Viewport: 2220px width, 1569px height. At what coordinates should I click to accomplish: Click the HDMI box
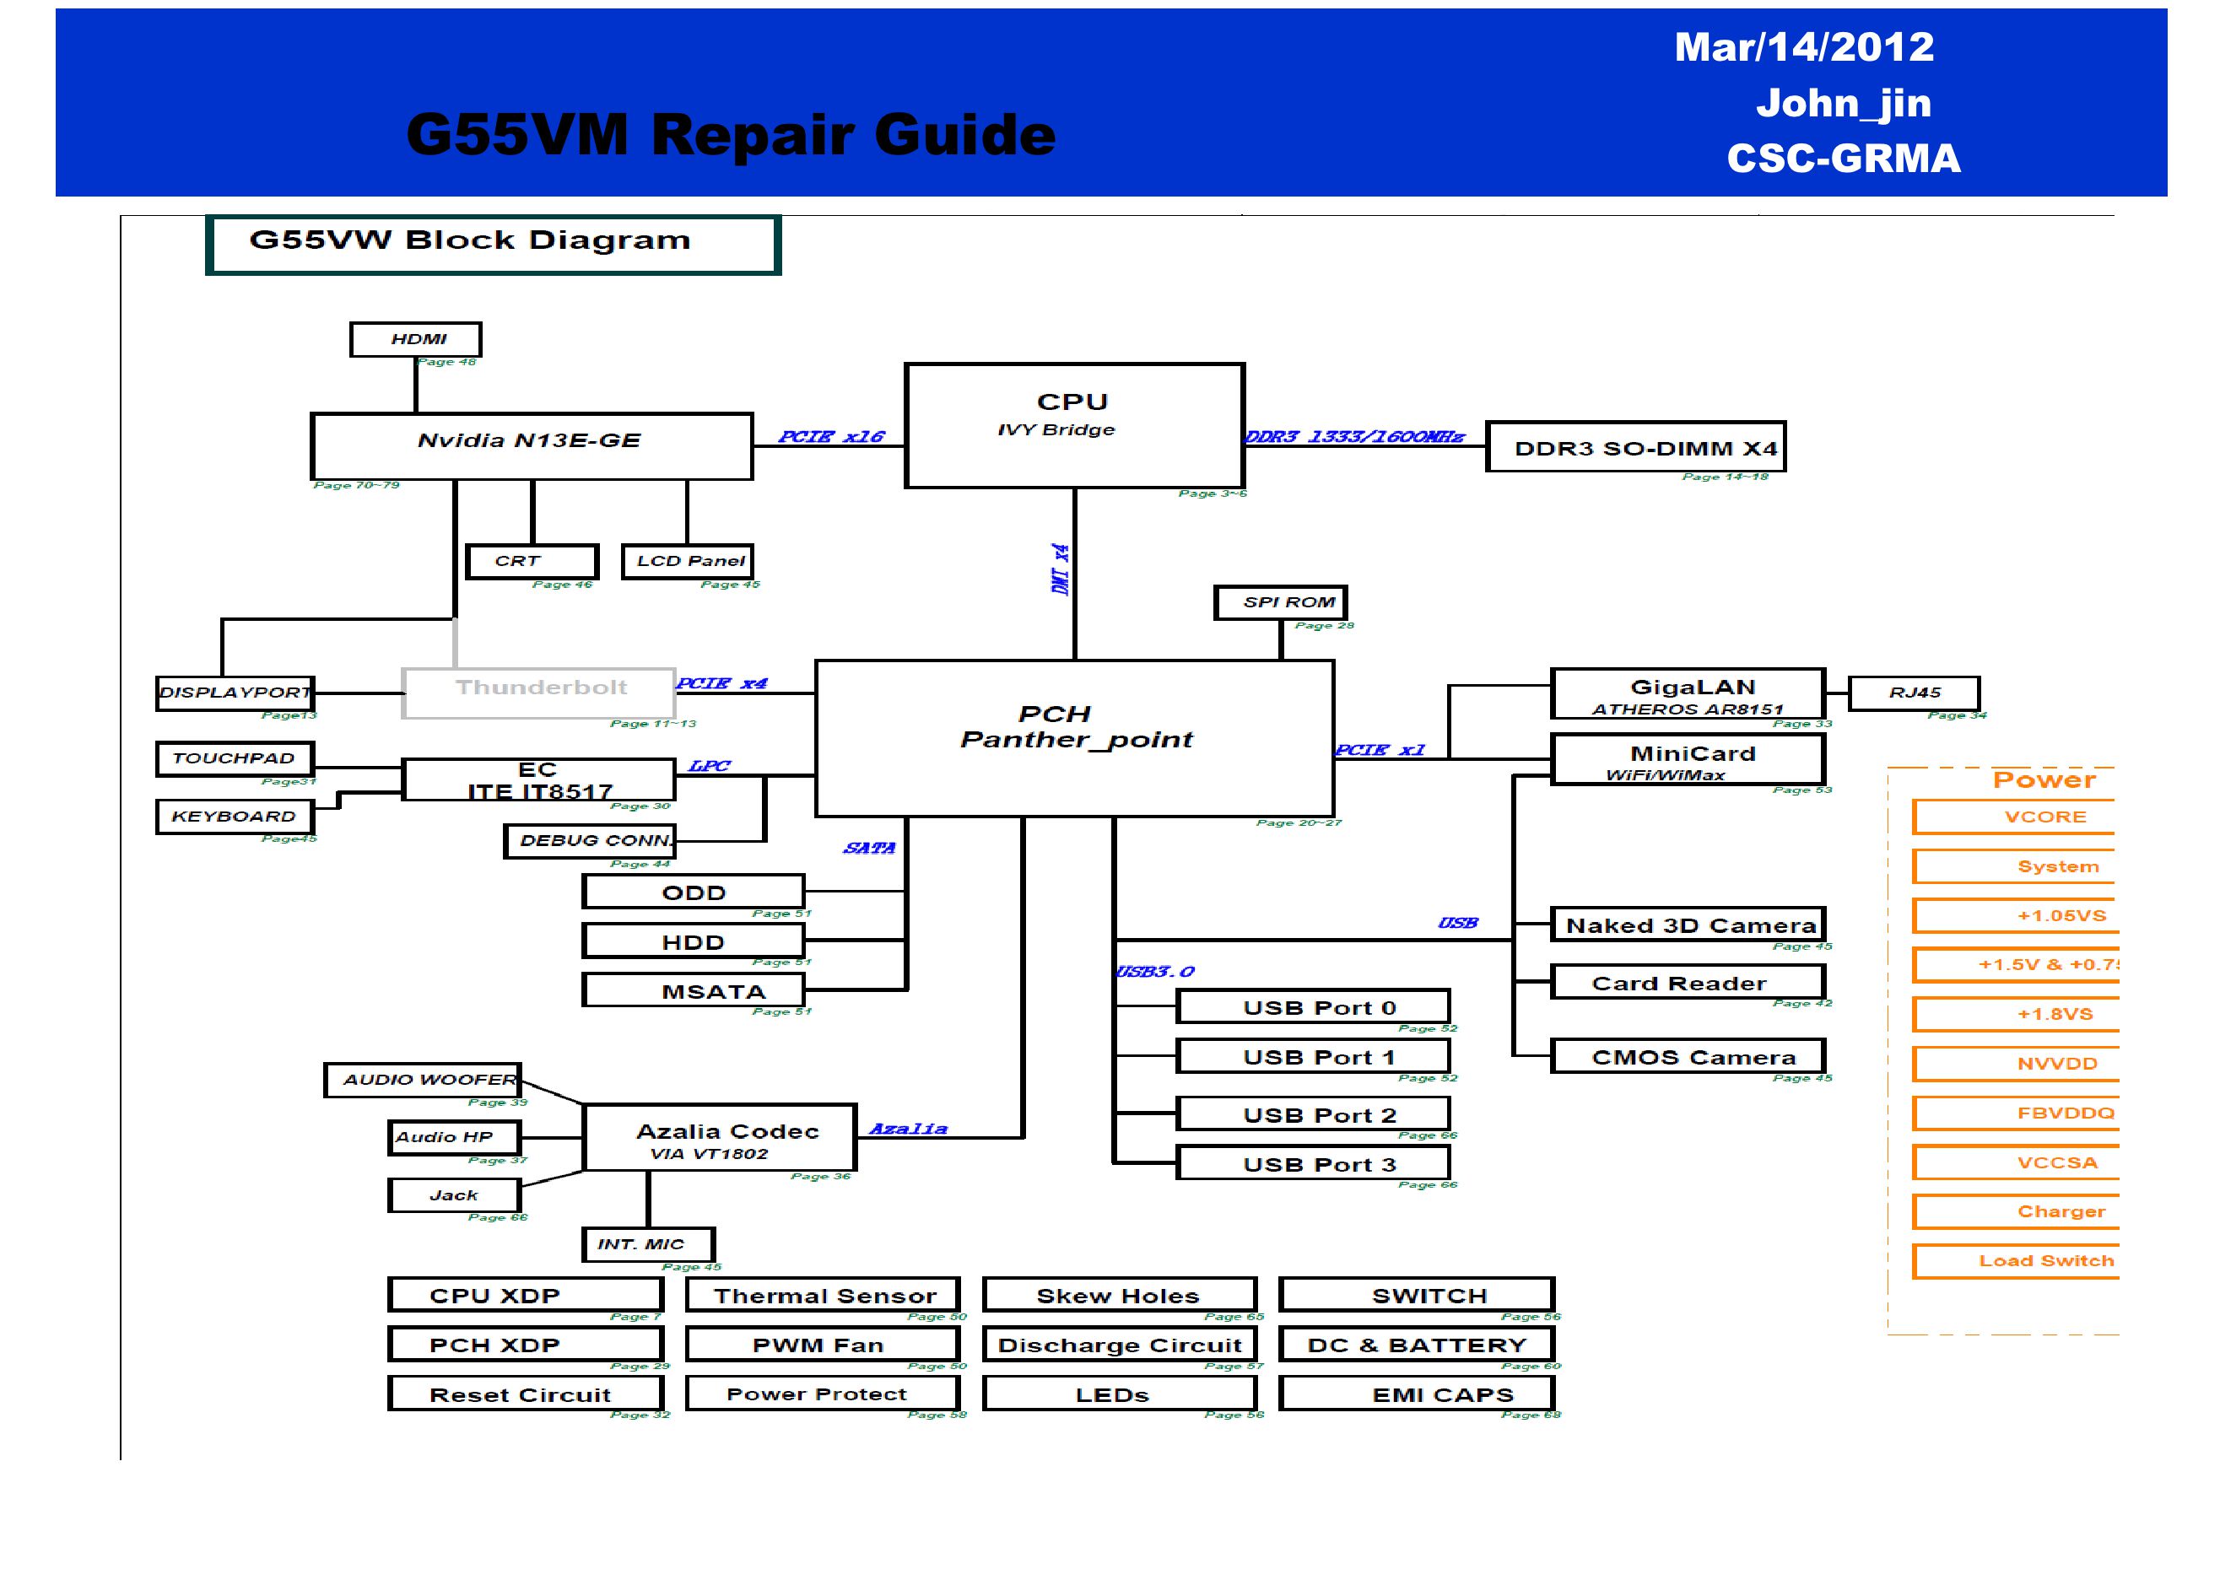point(416,339)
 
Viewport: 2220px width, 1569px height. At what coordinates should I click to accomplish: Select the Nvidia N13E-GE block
point(531,445)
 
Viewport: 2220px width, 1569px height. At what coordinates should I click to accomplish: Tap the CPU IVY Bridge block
point(1074,425)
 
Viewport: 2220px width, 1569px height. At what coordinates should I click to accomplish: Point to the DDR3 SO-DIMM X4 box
point(1635,448)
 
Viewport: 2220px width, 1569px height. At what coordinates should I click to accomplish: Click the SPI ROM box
point(1280,602)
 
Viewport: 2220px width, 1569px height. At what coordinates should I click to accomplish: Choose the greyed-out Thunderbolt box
point(538,693)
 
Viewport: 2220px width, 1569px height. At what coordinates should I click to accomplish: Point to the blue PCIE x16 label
point(830,437)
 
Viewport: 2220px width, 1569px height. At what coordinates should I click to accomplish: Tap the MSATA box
point(694,991)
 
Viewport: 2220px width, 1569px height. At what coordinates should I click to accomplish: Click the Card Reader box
point(1688,984)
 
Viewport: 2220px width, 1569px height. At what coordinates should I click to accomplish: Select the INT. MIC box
point(649,1244)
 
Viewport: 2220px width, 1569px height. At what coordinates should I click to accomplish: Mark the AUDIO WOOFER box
point(423,1080)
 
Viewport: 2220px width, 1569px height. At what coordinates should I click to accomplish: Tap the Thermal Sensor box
point(823,1296)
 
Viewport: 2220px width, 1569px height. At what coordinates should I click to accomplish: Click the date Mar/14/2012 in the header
point(1804,47)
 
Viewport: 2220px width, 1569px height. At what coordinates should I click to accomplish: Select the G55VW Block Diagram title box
point(492,244)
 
